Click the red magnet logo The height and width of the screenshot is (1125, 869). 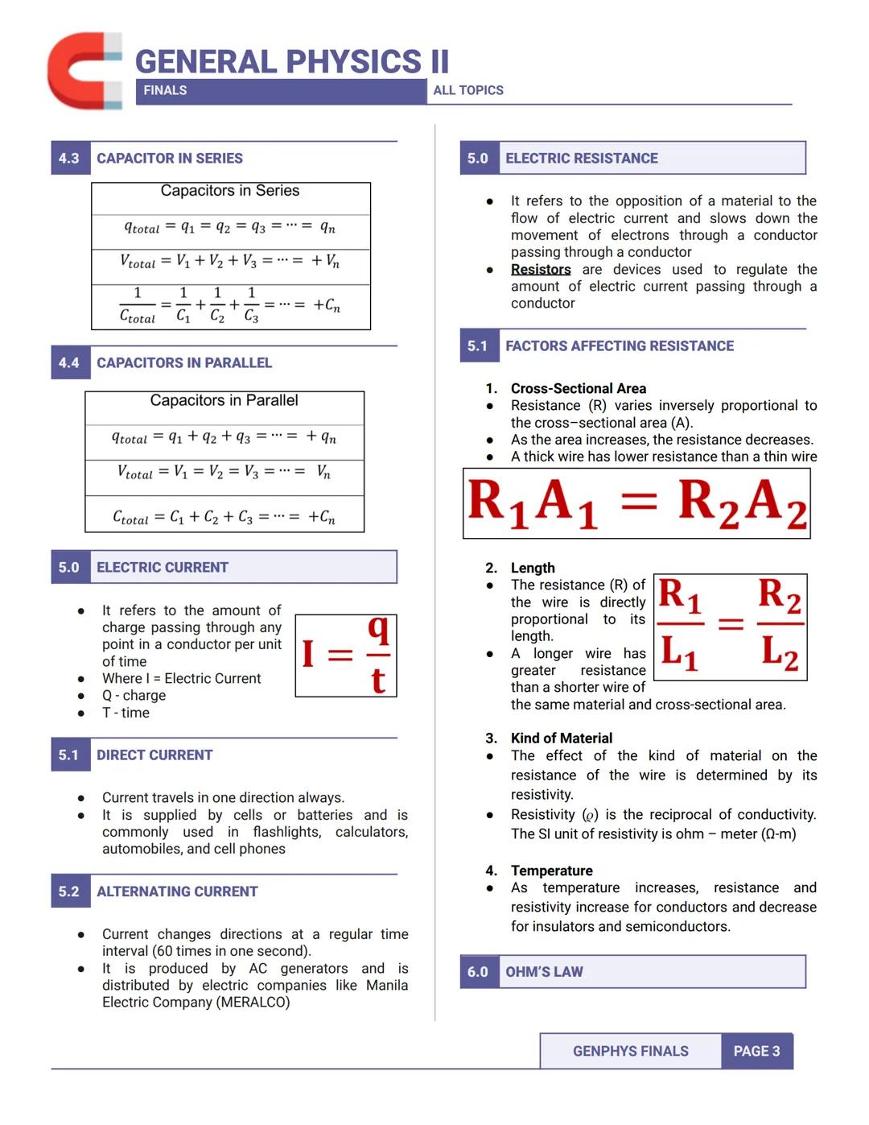84,71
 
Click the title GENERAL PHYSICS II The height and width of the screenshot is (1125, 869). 292,62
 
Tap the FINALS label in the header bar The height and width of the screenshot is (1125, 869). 165,91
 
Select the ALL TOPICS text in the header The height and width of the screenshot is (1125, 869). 468,91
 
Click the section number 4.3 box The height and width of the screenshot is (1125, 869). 69,159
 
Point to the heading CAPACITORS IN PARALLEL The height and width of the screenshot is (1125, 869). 184,363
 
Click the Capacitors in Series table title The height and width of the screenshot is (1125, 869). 230,191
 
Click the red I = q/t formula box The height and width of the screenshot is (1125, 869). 346,656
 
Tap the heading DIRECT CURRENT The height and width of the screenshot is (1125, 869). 154,755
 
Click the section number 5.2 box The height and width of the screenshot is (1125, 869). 69,892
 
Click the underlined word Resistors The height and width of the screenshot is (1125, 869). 541,270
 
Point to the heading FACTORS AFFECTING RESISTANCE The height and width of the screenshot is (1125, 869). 620,346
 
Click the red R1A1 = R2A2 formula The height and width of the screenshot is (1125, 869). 636,503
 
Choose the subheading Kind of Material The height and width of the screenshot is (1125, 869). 562,738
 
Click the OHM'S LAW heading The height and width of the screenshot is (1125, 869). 544,972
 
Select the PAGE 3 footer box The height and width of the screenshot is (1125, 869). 756,1052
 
